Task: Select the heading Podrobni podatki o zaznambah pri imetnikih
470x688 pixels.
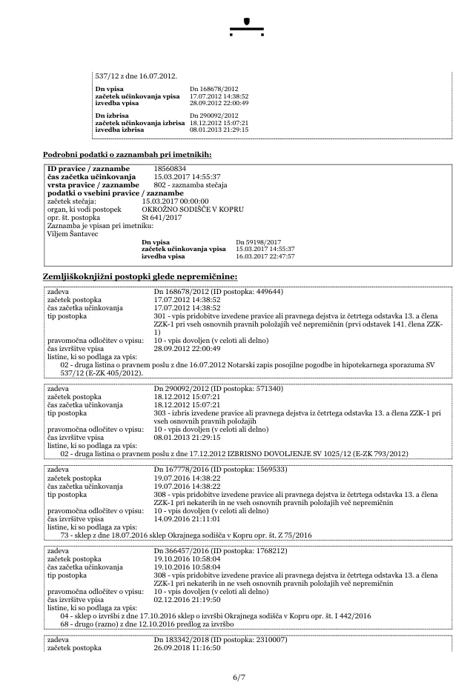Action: click(x=128, y=154)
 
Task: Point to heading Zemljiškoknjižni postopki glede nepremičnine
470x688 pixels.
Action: click(x=140, y=276)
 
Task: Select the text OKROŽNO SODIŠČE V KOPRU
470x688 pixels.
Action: click(x=184, y=209)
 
